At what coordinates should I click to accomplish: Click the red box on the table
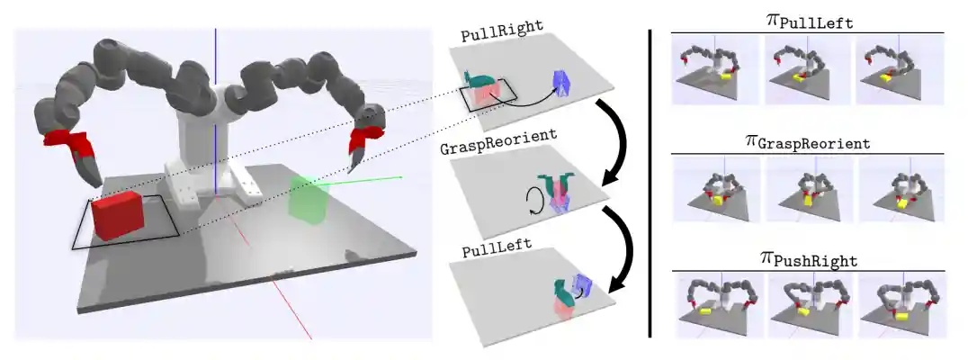click(x=115, y=217)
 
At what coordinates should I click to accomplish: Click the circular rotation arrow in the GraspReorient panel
click(x=535, y=198)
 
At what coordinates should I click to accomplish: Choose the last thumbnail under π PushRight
click(x=899, y=304)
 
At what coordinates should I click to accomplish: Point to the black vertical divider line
click(x=650, y=180)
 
